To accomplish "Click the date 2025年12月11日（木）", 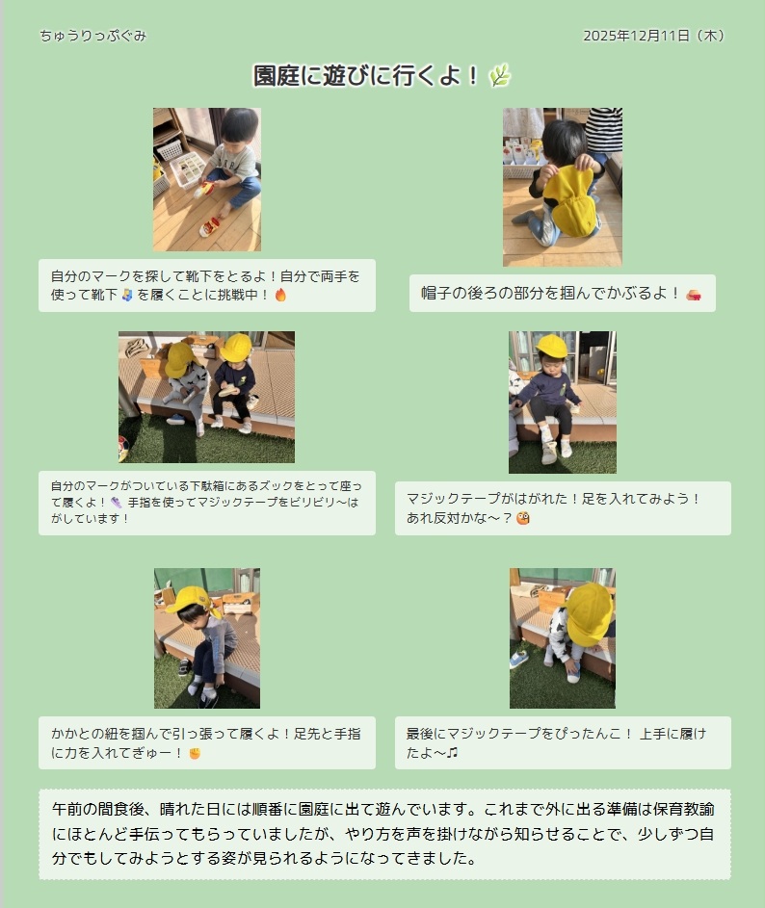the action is (654, 36).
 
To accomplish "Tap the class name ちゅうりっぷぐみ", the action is (92, 36).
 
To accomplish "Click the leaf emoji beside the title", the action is (500, 75).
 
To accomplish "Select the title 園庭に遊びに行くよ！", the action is (366, 75).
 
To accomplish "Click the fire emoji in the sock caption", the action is (280, 295).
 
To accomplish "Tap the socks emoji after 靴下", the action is (127, 295).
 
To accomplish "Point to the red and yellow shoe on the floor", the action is (209, 226).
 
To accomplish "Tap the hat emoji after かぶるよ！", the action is (694, 295).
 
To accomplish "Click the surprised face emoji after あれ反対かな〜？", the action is (523, 518).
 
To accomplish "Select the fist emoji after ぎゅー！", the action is (195, 753).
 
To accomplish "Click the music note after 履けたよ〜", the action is (453, 752).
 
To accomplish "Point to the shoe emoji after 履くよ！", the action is (117, 503).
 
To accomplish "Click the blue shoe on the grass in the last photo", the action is (518, 659).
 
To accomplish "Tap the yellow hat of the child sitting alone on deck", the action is (551, 345).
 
